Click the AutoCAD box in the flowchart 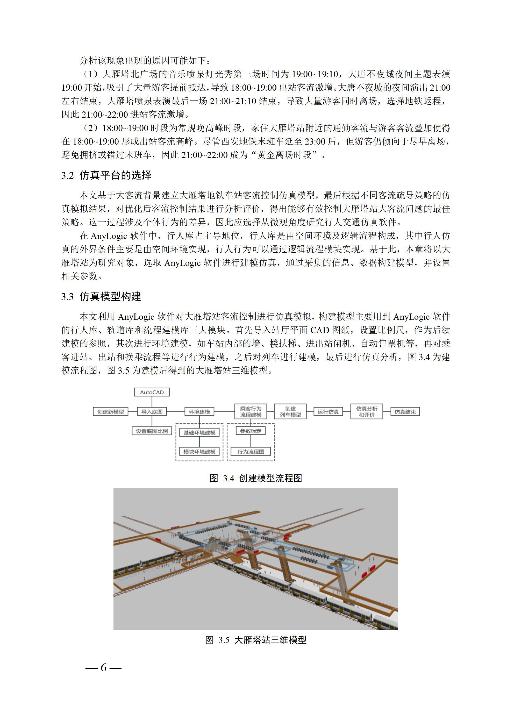(x=152, y=392)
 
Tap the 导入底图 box (x=152, y=412)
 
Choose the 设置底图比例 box (x=152, y=431)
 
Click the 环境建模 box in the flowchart (x=199, y=412)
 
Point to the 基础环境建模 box (x=199, y=432)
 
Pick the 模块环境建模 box (x=199, y=452)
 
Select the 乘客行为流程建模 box (x=251, y=412)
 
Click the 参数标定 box (x=251, y=431)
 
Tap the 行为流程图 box (x=251, y=452)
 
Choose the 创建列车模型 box (x=290, y=412)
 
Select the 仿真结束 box (x=405, y=412)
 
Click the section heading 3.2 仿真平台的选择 (x=106, y=175)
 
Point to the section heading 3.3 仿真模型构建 (x=101, y=297)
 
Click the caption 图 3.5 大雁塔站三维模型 (x=255, y=640)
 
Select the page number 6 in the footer (x=104, y=668)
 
